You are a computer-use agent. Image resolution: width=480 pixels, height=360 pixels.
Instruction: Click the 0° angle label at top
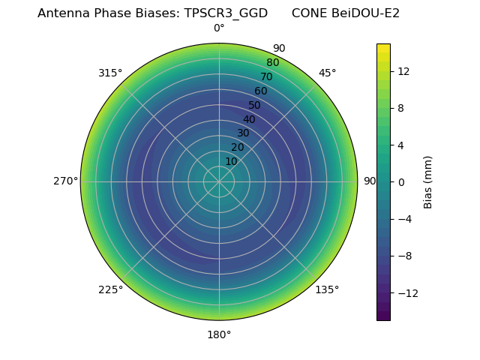[219, 28]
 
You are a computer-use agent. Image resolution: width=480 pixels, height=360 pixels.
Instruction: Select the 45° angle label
[328, 73]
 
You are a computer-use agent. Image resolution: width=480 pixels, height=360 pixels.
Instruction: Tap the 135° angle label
[327, 289]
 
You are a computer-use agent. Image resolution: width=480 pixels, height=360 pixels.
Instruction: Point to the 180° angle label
[219, 334]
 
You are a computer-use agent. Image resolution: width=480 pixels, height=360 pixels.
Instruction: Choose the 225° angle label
[110, 289]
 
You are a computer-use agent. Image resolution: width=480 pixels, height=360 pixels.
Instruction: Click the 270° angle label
[66, 181]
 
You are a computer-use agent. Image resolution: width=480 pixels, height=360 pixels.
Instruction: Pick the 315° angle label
[110, 73]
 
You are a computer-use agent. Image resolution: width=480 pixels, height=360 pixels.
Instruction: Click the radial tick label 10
[231, 161]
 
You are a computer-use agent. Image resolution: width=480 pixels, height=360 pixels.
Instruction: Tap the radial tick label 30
[243, 133]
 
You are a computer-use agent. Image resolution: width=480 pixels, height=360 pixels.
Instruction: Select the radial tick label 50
[255, 105]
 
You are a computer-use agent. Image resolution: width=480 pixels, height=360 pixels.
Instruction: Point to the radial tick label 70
[266, 76]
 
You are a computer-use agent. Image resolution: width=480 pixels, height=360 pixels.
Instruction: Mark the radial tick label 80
[272, 62]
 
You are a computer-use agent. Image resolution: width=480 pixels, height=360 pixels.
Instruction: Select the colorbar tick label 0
[400, 181]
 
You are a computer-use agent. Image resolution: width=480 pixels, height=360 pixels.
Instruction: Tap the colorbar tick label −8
[404, 256]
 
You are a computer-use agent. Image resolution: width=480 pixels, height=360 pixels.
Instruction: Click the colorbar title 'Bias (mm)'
[428, 181]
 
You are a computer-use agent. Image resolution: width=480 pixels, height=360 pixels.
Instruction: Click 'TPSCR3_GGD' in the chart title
[226, 13]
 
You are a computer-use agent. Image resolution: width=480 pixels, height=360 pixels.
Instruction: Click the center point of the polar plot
[219, 181]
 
